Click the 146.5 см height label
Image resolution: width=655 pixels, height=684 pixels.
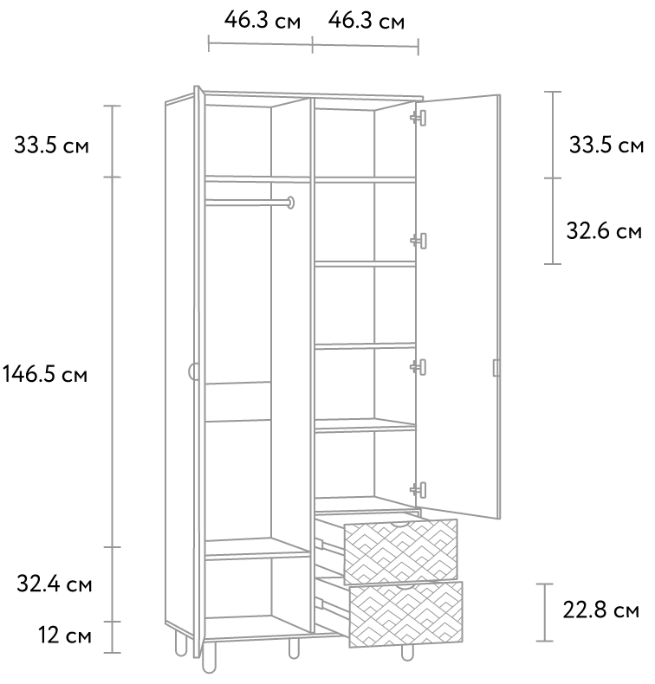pyautogui.click(x=45, y=374)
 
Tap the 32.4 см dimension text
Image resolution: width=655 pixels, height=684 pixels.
pyautogui.click(x=54, y=584)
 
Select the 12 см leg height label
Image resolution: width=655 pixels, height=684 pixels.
pyautogui.click(x=65, y=636)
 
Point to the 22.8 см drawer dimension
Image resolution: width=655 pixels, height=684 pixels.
pyautogui.click(x=600, y=610)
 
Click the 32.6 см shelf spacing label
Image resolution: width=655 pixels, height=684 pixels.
pyautogui.click(x=604, y=230)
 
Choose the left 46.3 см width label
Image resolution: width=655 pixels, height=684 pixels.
pyautogui.click(x=263, y=20)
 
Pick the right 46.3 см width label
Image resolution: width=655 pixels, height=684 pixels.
pyautogui.click(x=366, y=21)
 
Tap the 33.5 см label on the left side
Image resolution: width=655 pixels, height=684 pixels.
pyautogui.click(x=51, y=145)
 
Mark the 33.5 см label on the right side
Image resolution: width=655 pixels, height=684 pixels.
pyautogui.click(x=606, y=145)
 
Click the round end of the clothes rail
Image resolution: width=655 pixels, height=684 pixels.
pyautogui.click(x=290, y=203)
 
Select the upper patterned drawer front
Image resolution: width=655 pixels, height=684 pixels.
pyautogui.click(x=400, y=552)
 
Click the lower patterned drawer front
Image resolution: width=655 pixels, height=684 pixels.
pyautogui.click(x=405, y=614)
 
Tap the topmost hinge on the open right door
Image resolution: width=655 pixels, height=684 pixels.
pyautogui.click(x=418, y=118)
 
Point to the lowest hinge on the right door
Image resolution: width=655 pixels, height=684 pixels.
pyautogui.click(x=418, y=489)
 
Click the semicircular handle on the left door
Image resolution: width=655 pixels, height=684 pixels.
pyautogui.click(x=191, y=371)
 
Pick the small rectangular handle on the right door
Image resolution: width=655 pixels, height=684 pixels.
pyautogui.click(x=496, y=368)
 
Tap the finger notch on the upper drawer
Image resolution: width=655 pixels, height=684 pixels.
pyautogui.click(x=400, y=523)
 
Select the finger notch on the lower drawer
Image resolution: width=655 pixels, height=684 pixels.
pyautogui.click(x=405, y=585)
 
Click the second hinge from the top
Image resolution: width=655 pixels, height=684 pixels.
pyautogui.click(x=418, y=241)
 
